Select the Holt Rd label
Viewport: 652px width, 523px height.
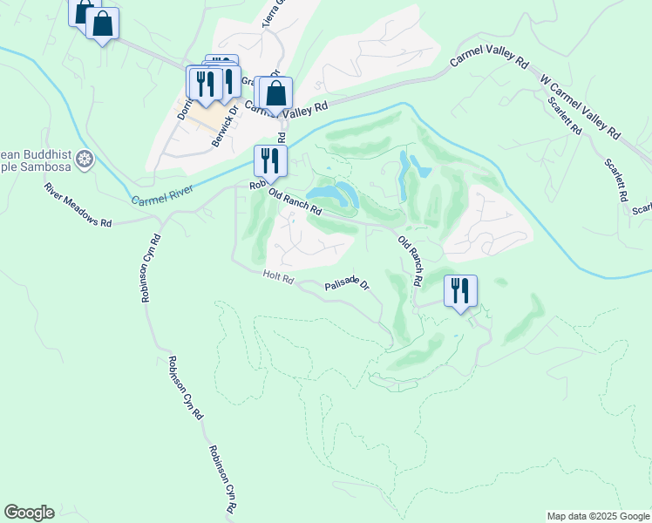click(279, 277)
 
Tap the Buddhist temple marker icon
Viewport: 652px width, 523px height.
click(85, 159)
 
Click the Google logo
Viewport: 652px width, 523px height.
click(29, 513)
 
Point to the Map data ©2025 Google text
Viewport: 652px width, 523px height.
click(598, 516)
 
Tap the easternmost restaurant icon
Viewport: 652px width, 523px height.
click(460, 289)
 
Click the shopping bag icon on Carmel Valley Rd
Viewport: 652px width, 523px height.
click(275, 93)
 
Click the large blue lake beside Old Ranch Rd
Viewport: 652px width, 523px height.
click(336, 194)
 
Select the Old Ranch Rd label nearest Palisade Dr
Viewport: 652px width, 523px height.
click(410, 261)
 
